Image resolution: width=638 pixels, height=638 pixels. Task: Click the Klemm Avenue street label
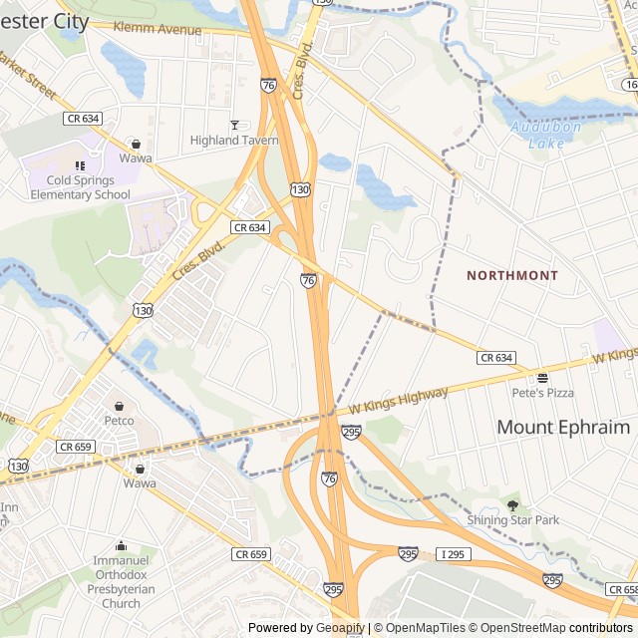click(x=158, y=30)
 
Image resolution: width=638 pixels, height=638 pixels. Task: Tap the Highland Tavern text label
click(x=234, y=141)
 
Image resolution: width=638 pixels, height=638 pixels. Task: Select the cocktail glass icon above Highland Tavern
click(x=234, y=125)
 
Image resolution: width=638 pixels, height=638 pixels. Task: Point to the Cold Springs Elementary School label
click(x=80, y=187)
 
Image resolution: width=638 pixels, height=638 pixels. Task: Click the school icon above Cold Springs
click(x=80, y=165)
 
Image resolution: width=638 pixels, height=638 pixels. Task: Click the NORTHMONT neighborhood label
click(x=512, y=274)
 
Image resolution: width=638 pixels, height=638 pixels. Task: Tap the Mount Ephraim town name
click(x=563, y=427)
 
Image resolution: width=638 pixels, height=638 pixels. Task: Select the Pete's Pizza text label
click(x=543, y=393)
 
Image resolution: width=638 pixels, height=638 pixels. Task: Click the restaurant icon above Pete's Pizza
click(x=543, y=378)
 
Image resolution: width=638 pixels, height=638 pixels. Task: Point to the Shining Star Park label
click(x=513, y=519)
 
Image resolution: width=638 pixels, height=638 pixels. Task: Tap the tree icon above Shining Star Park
click(x=513, y=505)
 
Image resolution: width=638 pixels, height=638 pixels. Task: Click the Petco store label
click(x=120, y=421)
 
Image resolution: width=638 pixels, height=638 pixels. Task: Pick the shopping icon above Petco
click(x=120, y=406)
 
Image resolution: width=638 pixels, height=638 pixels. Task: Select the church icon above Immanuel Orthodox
click(x=121, y=545)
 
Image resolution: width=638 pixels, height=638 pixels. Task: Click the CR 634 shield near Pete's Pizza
click(x=495, y=357)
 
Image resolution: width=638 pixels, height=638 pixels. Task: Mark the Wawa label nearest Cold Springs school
click(x=136, y=158)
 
